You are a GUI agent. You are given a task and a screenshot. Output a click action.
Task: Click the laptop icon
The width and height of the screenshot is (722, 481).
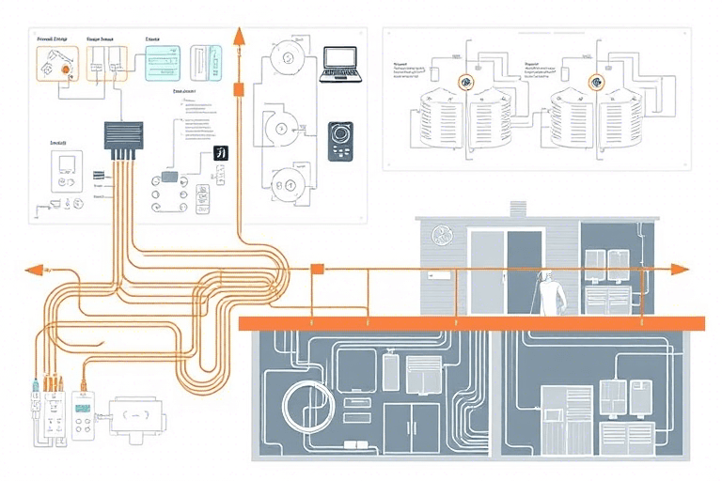tap(341, 63)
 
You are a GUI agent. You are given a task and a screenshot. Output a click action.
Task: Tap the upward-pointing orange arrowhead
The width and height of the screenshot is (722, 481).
tap(239, 36)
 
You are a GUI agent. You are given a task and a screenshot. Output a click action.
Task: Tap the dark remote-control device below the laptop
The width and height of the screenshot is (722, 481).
tap(338, 142)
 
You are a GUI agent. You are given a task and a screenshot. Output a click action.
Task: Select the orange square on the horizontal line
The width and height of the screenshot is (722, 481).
tap(317, 270)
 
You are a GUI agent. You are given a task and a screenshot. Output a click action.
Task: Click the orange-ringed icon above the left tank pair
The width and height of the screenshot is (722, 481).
tap(465, 83)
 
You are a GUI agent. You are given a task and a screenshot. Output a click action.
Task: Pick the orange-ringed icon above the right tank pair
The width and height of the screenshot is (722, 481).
tap(594, 83)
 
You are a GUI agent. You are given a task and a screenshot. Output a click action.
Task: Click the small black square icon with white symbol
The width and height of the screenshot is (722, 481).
tap(222, 153)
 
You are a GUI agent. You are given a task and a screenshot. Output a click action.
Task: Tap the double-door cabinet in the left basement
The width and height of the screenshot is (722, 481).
tap(411, 428)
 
